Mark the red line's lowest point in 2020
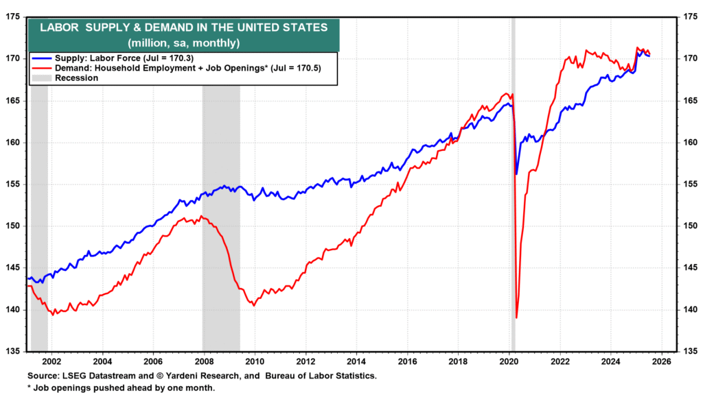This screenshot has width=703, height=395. tap(516, 318)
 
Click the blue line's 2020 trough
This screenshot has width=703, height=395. tap(516, 174)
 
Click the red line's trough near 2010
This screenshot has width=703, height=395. tap(254, 305)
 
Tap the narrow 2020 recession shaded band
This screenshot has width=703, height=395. tap(514, 206)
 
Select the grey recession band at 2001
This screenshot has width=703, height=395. tap(39, 206)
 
